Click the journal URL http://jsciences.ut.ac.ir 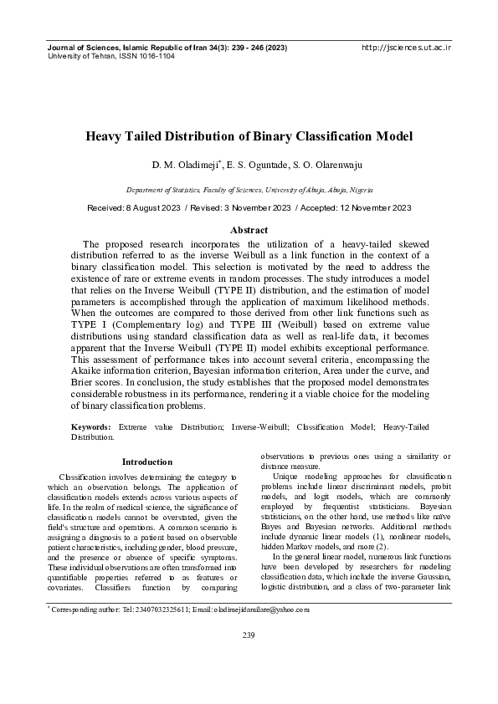406,48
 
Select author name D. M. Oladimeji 208,166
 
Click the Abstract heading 249,230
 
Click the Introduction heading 147,462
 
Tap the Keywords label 92,426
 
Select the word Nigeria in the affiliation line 361,191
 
